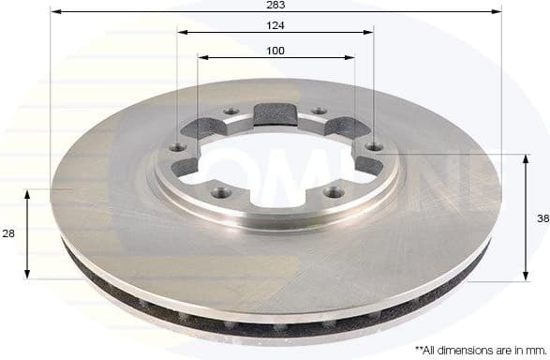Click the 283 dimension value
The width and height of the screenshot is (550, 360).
click(275, 5)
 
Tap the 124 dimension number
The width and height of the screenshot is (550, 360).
click(275, 24)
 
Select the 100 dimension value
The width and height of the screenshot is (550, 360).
click(275, 51)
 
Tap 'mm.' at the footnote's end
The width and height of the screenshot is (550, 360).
click(536, 349)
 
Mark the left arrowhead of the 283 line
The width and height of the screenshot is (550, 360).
click(54, 12)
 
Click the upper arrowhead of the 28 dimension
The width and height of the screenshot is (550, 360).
click(28, 193)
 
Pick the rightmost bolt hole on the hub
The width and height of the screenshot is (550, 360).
click(374, 146)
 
